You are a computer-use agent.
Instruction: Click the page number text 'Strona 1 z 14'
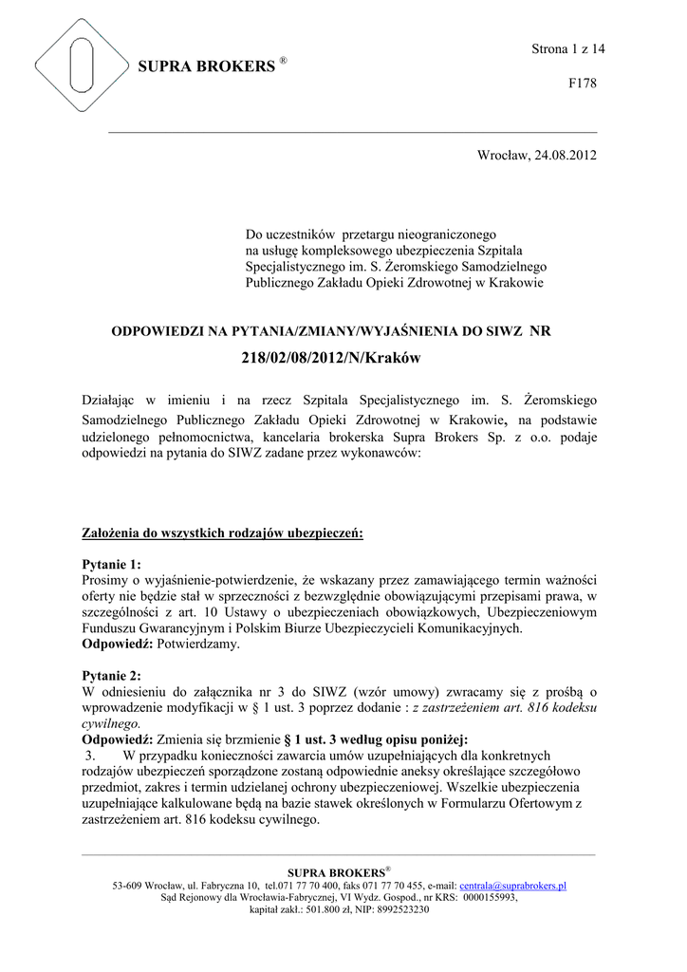(567, 48)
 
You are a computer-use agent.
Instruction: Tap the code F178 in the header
(582, 84)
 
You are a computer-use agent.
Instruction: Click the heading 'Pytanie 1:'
(111, 564)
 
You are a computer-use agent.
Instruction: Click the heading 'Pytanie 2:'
(111, 676)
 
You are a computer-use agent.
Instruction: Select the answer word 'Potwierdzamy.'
(198, 645)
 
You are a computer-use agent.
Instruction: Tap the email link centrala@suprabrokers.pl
(512, 886)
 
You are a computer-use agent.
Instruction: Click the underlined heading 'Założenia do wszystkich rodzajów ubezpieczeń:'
(223, 533)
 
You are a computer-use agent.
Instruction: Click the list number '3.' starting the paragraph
(91, 756)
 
